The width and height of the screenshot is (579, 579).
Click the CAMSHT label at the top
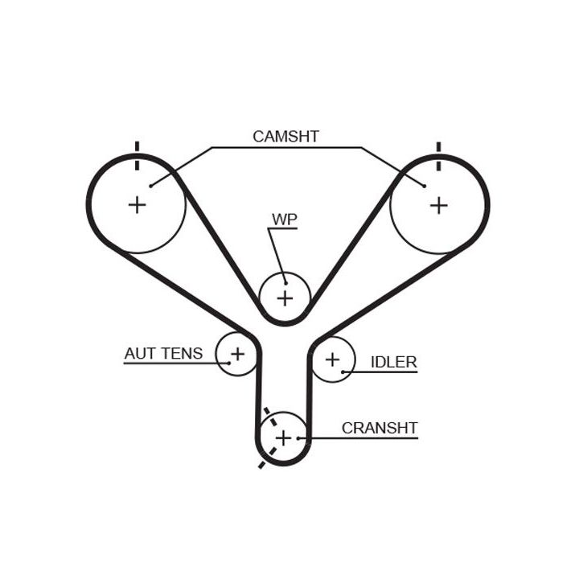(x=285, y=136)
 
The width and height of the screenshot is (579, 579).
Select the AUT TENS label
(x=163, y=353)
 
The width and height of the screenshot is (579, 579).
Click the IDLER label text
(x=393, y=362)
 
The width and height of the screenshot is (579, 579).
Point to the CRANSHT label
(x=380, y=428)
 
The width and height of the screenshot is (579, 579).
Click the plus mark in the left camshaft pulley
(x=138, y=204)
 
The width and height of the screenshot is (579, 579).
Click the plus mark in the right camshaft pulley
(x=438, y=205)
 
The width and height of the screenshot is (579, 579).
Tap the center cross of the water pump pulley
(x=285, y=298)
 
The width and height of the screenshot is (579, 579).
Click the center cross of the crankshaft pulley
(x=283, y=437)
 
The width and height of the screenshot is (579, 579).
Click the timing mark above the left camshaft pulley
(x=138, y=156)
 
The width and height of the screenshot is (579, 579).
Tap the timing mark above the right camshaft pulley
(x=438, y=156)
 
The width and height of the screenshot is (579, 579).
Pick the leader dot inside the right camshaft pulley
(x=424, y=186)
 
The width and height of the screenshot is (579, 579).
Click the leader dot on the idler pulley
(x=344, y=371)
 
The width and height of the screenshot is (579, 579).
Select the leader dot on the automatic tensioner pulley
(x=228, y=363)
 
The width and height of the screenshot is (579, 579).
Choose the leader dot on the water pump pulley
(x=285, y=282)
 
